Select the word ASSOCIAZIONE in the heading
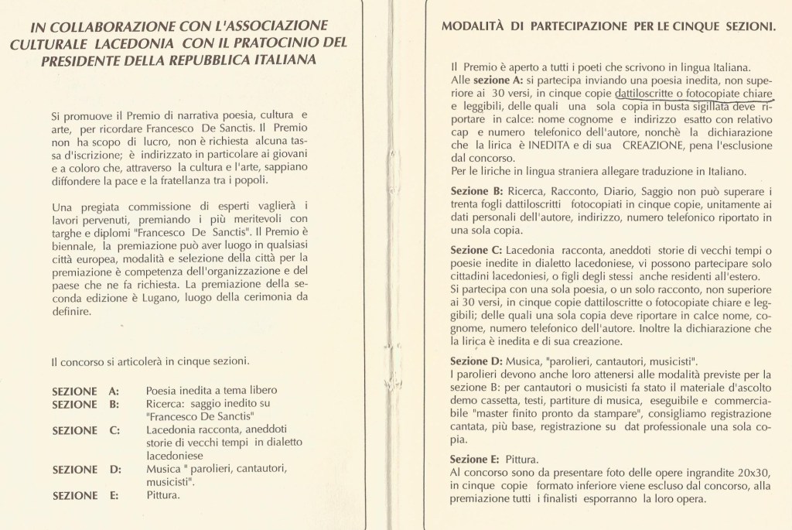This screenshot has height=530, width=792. (257, 26)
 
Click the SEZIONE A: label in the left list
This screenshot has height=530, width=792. (85, 391)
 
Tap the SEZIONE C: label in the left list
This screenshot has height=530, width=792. (85, 430)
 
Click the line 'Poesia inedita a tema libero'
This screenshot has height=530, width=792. (210, 391)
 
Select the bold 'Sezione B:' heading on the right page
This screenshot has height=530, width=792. (476, 191)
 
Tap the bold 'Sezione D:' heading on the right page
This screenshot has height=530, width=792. (476, 361)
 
